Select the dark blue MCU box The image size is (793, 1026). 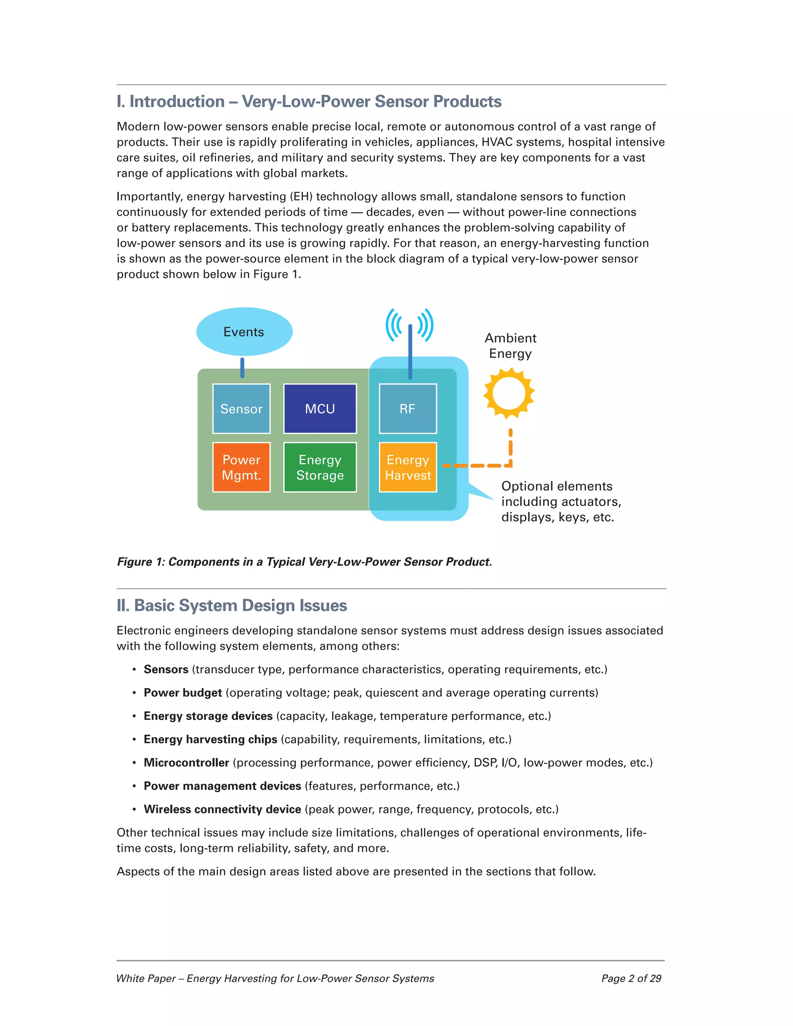tap(320, 408)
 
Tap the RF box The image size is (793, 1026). tap(408, 408)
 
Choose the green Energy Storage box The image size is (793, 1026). tap(320, 467)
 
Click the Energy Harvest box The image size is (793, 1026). tap(408, 467)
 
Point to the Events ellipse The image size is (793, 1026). tap(244, 332)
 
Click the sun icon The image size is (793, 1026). tap(509, 393)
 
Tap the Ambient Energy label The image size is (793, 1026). tap(510, 345)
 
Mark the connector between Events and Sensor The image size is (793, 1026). tap(242, 367)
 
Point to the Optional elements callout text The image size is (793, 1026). tap(561, 501)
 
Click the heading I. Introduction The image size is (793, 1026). tap(309, 101)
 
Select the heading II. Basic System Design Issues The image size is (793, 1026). tap(232, 605)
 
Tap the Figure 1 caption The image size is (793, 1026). tap(304, 561)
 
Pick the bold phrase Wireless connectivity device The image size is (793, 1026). tap(222, 809)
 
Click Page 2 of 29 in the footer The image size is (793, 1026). tap(631, 978)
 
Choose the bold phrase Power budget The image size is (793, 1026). tap(183, 693)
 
